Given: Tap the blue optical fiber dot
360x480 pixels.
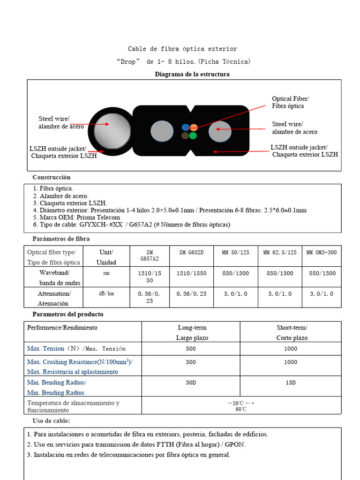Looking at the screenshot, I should click(186, 127).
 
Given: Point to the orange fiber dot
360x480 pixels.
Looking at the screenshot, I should click(194, 127).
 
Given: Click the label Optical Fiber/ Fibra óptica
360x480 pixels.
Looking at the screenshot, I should click(290, 102).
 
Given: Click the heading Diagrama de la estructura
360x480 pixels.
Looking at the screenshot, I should click(192, 75).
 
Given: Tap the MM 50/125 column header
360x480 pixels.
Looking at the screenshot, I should click(235, 253).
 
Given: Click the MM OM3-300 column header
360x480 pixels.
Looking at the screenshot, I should click(321, 253).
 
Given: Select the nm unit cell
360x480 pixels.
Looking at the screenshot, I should click(106, 274).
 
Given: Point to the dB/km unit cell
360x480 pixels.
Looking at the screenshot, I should click(106, 294).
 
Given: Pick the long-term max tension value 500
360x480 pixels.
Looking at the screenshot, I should click(191, 349).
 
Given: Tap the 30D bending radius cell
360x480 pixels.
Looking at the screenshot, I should click(191, 382).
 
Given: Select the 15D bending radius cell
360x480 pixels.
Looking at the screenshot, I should click(291, 382).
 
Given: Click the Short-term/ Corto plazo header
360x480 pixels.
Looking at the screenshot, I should click(292, 332).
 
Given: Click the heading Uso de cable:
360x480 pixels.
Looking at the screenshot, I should click(51, 421).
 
